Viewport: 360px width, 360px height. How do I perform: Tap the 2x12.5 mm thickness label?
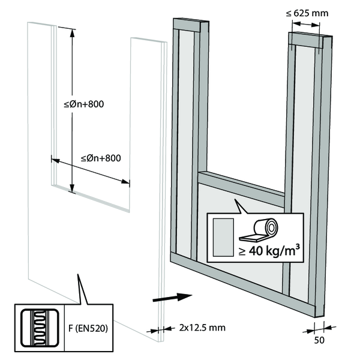[201, 328]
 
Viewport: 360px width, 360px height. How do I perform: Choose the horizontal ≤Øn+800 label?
[101, 158]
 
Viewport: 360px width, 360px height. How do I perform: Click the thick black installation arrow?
[172, 296]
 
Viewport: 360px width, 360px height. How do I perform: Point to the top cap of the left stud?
[190, 26]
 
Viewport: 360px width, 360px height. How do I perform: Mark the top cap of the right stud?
[308, 40]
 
